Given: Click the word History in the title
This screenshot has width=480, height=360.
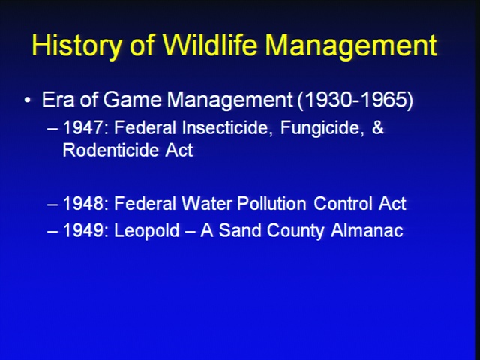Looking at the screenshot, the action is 76,45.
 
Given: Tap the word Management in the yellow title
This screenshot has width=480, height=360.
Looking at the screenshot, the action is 351,46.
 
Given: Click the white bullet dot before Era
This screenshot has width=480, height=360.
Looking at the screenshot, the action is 28,100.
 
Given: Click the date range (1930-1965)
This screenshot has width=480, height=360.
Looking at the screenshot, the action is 355,100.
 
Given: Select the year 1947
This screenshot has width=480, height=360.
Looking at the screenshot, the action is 82,127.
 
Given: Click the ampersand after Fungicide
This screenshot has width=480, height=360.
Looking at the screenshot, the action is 378,127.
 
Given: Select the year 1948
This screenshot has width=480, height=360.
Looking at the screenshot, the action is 83,203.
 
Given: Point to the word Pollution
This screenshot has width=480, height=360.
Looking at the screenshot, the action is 271,203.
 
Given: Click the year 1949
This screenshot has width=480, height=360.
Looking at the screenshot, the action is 83,230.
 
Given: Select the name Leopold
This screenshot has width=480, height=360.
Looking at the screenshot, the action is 147,231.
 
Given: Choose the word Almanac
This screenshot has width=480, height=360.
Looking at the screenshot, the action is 367,230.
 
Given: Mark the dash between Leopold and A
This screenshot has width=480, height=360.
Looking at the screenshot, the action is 190,232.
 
